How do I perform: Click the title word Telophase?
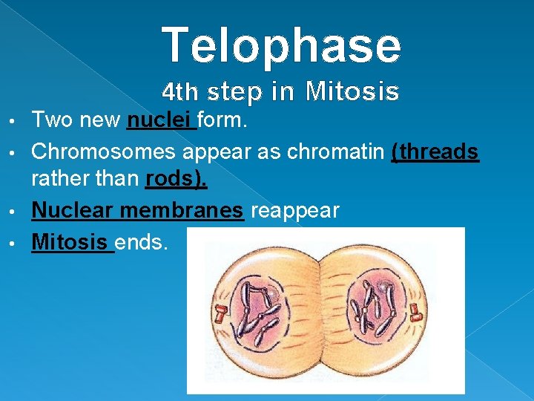[282, 45]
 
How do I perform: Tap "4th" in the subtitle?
[180, 92]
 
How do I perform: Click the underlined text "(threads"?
[435, 151]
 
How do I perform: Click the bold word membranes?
[182, 211]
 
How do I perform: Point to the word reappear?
[295, 211]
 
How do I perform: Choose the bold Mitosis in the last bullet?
[70, 241]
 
